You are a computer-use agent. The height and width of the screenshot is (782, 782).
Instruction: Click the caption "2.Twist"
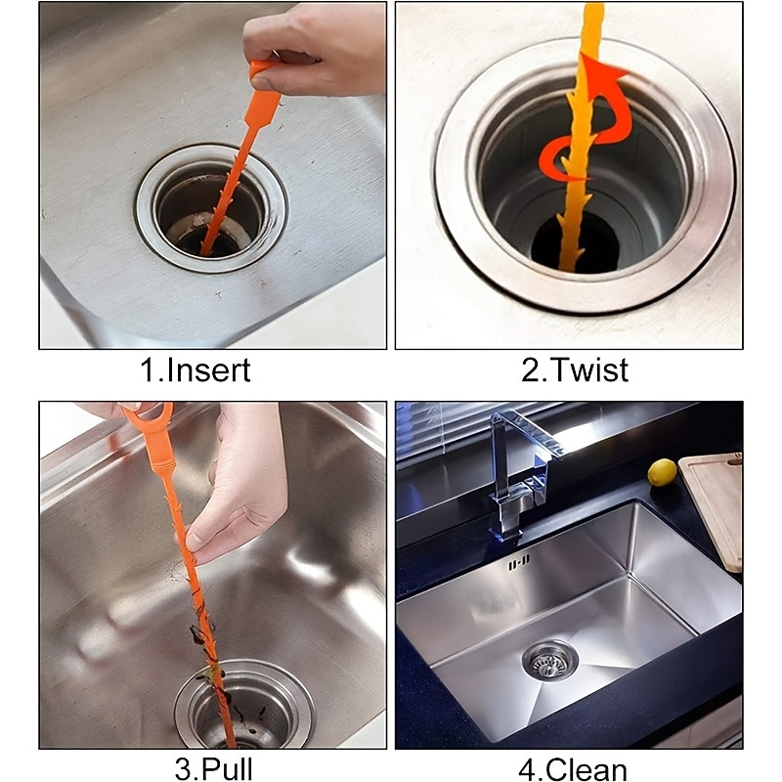(x=575, y=370)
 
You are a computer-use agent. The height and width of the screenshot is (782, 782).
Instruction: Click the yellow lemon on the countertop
(x=662, y=471)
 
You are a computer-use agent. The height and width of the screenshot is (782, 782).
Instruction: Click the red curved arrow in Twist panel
(x=586, y=127)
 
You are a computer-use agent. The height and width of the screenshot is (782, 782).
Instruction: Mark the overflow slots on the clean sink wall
(x=519, y=563)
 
